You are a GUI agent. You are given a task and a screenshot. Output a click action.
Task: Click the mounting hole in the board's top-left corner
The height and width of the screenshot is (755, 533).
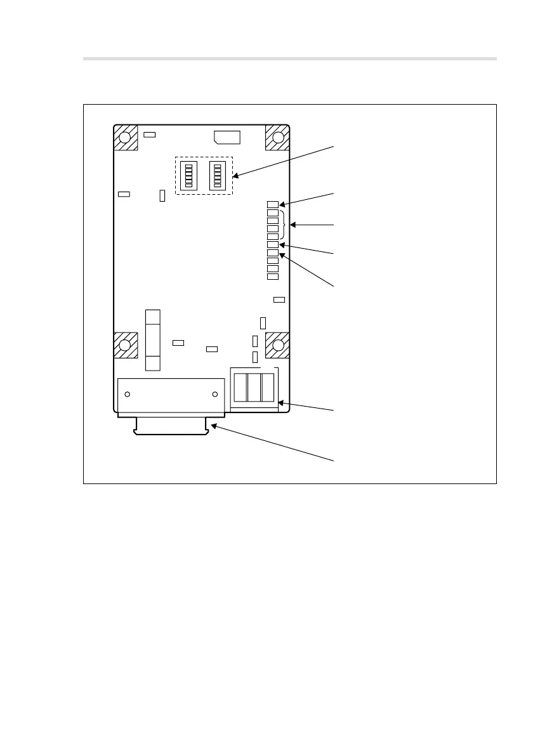125,137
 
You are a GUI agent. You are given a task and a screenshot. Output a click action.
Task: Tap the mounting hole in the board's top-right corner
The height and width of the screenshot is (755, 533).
277,137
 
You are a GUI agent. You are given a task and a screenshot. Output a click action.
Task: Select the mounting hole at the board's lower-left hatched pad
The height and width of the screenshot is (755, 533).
125,345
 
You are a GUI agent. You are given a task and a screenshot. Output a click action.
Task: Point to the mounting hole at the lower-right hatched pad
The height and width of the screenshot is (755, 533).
277,345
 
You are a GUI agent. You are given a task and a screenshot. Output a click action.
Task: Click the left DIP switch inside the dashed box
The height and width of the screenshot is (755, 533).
188,175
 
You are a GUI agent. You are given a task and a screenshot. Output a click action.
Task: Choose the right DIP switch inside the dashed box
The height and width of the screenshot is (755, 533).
218,175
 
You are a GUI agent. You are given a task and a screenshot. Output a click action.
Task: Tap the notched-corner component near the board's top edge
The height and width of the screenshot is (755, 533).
227,136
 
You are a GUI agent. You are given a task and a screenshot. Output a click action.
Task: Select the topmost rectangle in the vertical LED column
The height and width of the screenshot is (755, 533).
273,204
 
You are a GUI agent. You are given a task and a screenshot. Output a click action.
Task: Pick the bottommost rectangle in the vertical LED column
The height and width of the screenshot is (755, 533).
273,277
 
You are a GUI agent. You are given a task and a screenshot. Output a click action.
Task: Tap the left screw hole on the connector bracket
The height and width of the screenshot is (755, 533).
127,395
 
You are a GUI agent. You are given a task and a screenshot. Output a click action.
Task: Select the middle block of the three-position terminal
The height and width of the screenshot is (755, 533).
253,387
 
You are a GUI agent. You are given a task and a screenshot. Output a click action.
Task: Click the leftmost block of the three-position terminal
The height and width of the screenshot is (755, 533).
240,387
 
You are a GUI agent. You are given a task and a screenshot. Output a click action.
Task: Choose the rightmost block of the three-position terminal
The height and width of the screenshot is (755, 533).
267,387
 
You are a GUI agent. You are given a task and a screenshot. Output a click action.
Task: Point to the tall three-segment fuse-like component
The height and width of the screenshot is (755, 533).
153,340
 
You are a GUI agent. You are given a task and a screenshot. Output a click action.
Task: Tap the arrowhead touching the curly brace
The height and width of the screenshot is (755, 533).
294,225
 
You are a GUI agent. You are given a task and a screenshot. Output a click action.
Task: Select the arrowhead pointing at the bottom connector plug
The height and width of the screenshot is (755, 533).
214,427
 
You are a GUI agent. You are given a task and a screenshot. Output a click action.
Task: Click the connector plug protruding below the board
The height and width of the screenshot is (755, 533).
171,426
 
